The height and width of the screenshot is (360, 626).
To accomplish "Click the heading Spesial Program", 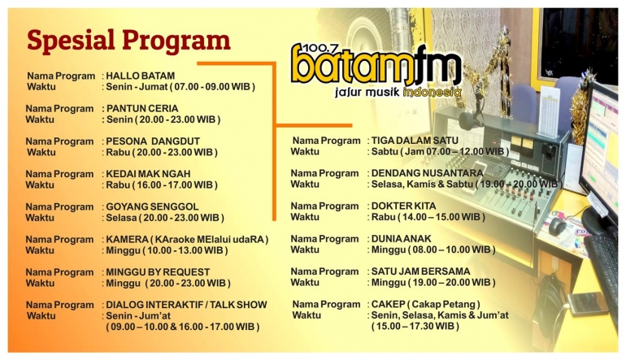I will (128, 40).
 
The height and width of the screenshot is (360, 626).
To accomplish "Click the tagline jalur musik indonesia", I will (398, 93).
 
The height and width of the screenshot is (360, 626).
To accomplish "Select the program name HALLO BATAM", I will (141, 76).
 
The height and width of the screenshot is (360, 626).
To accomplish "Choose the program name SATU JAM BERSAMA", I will (420, 271).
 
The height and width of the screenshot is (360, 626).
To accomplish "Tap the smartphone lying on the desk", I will (587, 303).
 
